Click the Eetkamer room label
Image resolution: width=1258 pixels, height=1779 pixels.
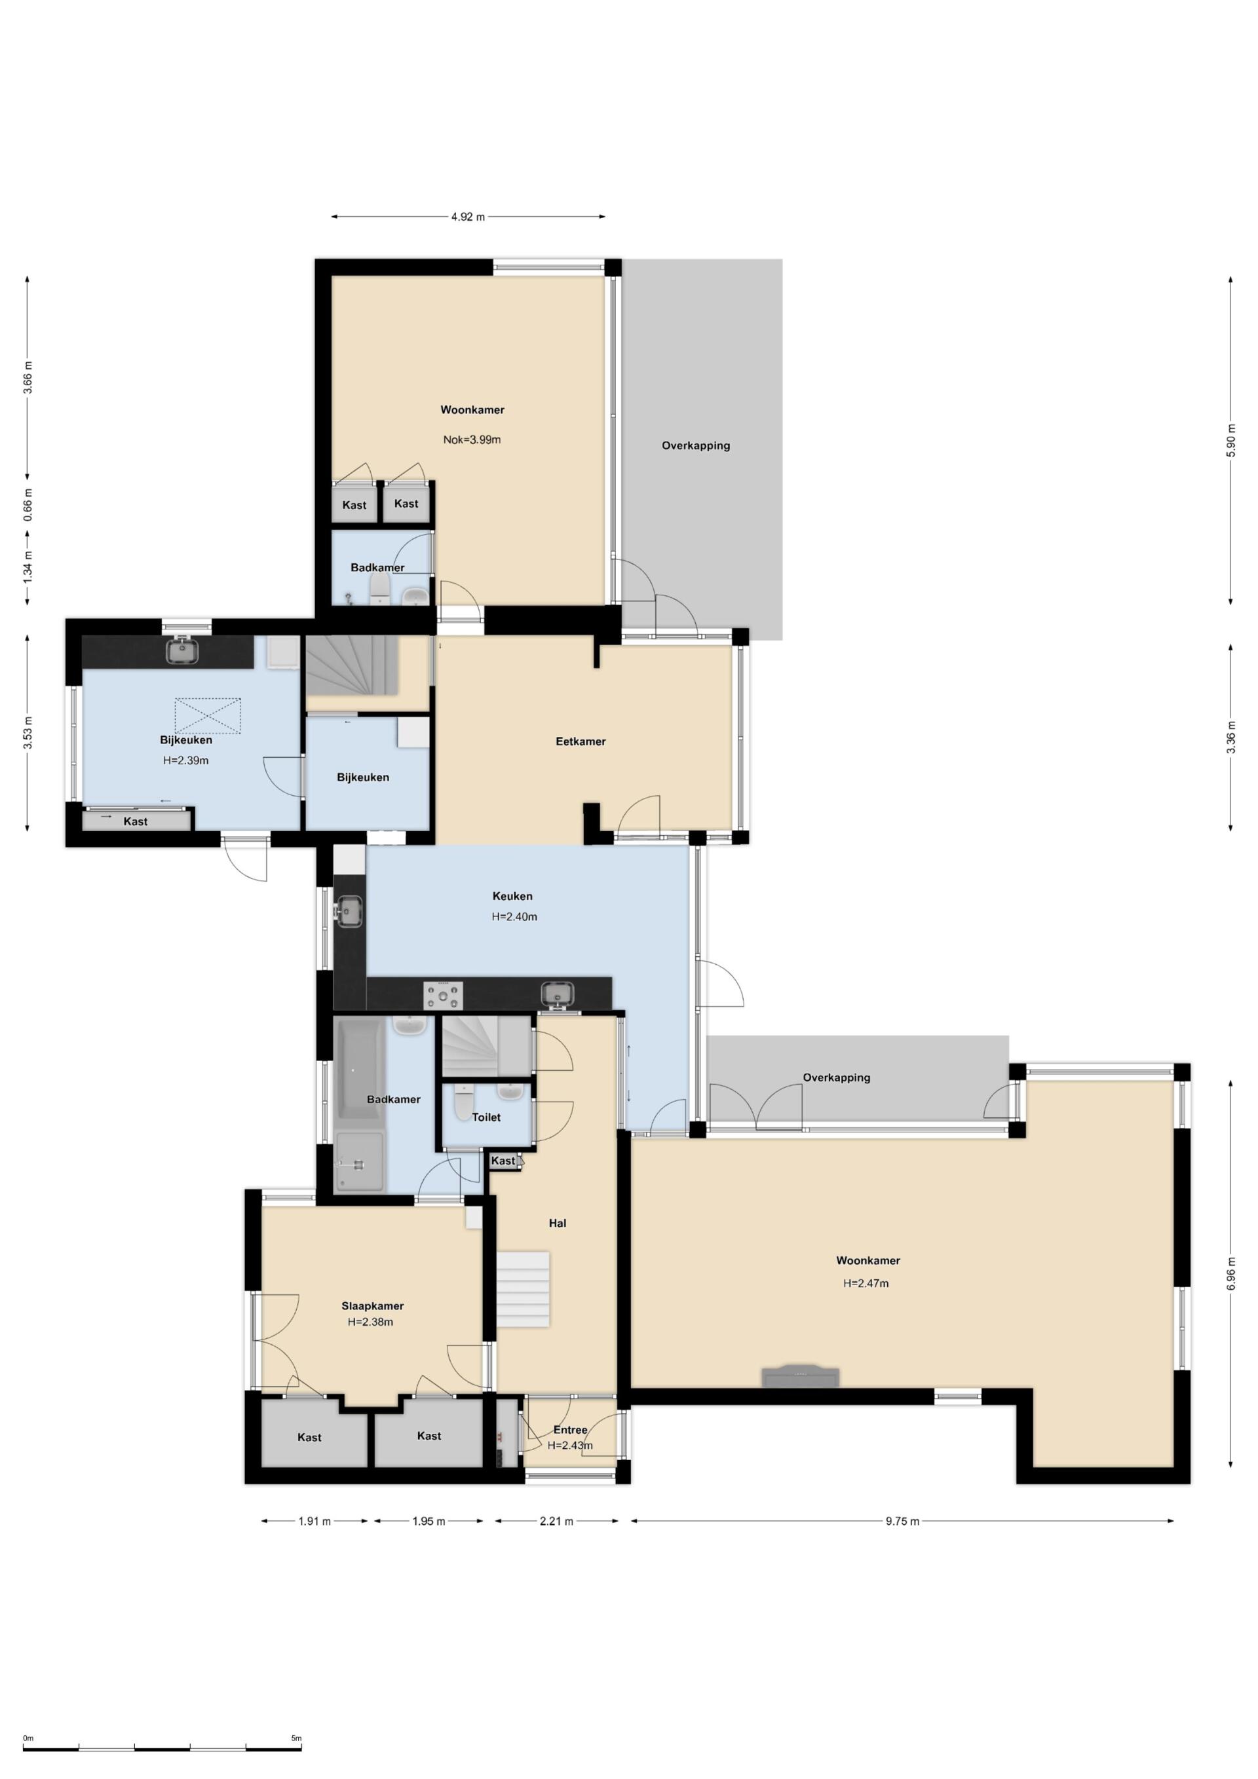coord(581,741)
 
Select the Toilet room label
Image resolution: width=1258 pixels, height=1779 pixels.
coord(486,1117)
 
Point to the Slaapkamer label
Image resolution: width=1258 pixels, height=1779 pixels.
coord(372,1305)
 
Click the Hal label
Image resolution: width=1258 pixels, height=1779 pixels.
coord(558,1223)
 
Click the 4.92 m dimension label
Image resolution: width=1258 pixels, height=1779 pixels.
coord(468,217)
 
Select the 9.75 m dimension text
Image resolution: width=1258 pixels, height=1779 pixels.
coord(902,1521)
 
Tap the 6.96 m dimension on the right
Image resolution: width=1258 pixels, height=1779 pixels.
coord(1231,1274)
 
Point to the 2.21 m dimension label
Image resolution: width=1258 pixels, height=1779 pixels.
coord(556,1521)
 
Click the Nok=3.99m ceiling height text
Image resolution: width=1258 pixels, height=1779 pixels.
coord(472,440)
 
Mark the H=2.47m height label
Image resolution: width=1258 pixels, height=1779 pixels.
coord(866,1283)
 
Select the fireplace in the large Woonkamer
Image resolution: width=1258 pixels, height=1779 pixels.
coord(801,1376)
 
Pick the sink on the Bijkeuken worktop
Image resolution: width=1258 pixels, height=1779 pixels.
coord(183,649)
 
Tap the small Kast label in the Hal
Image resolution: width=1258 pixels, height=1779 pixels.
coord(503,1160)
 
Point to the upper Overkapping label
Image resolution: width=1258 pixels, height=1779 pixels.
coord(695,445)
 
